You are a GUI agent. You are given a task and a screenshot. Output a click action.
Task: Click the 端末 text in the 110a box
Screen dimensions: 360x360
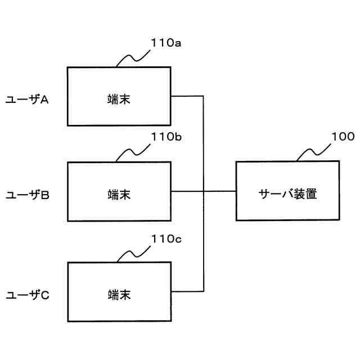[119, 100]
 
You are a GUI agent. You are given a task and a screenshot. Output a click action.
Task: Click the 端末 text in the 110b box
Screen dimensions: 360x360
[119, 195]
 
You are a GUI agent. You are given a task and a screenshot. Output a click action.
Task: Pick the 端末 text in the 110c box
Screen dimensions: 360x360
[119, 294]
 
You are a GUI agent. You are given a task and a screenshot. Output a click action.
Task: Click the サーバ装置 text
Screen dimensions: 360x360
[287, 195]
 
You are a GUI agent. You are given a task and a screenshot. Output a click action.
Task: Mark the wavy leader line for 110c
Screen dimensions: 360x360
[133, 254]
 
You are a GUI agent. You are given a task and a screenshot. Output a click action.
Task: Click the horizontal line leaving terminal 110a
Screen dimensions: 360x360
[186, 96]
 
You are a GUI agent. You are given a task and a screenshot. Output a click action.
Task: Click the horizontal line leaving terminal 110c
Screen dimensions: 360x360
[186, 291]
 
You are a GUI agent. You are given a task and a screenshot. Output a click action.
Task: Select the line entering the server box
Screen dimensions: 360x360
[220, 191]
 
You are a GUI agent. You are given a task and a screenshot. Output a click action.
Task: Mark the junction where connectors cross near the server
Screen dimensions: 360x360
[203, 191]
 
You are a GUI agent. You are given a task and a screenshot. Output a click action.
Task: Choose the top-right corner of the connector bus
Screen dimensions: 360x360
[203, 96]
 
